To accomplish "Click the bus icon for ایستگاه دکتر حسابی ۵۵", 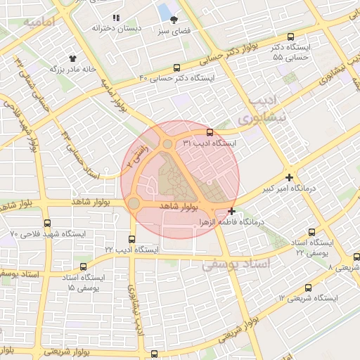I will click(x=291, y=37).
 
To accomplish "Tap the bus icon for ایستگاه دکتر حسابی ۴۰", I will click(x=176, y=68).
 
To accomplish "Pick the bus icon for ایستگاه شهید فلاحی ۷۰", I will click(x=46, y=223).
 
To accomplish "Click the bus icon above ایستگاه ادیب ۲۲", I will click(x=132, y=239).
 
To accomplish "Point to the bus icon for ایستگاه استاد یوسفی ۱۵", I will click(x=84, y=267).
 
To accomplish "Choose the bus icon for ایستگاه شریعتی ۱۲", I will click(x=308, y=288).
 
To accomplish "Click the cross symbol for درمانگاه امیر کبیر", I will click(x=289, y=178).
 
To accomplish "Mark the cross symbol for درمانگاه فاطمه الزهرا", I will click(x=232, y=211).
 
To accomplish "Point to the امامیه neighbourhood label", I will click(x=39, y=23).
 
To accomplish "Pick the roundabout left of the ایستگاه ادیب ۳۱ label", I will click(x=167, y=144).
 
